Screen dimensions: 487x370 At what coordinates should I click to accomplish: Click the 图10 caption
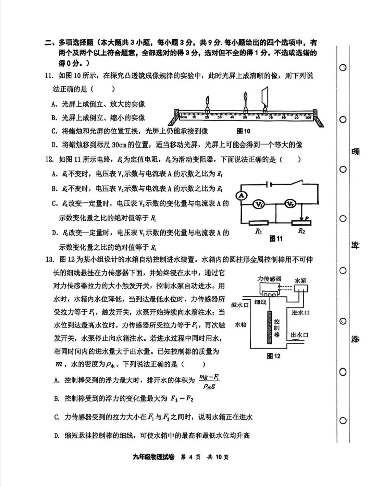pyautogui.click(x=244, y=131)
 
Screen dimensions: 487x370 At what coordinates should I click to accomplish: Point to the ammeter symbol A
pyautogui.click(x=242, y=196)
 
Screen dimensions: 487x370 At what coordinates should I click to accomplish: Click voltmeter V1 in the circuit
pyautogui.click(x=259, y=204)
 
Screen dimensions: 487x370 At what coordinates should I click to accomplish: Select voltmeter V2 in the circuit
pyautogui.click(x=291, y=204)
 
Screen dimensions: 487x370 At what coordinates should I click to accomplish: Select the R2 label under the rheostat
pyautogui.click(x=301, y=231)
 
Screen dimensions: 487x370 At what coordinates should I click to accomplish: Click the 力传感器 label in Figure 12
pyautogui.click(x=269, y=279)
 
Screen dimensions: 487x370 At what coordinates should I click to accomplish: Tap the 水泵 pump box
pyautogui.click(x=300, y=289)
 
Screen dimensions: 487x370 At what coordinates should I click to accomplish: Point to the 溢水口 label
pyautogui.click(x=240, y=305)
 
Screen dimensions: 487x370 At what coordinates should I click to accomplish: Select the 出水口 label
pyautogui.click(x=299, y=335)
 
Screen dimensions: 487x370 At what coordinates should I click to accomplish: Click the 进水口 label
pyautogui.click(x=300, y=312)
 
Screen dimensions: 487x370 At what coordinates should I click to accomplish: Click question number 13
pyautogui.click(x=50, y=259)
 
